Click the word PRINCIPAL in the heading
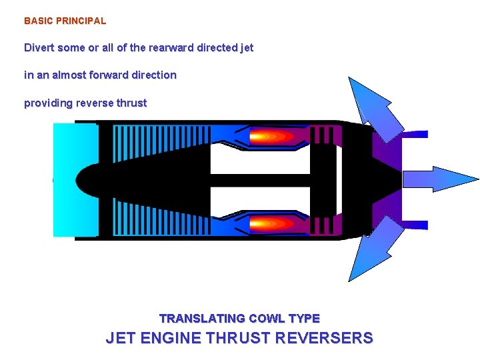pyautogui.click(x=81, y=21)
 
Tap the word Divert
pyautogui.click(x=39, y=48)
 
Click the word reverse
pyautogui.click(x=95, y=103)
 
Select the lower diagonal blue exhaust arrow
pyautogui.click(x=373, y=253)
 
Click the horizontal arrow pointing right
pyautogui.click(x=440, y=179)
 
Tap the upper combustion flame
pyautogui.click(x=271, y=137)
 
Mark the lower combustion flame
pyautogui.click(x=271, y=223)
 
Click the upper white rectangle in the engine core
pyautogui.click(x=260, y=160)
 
